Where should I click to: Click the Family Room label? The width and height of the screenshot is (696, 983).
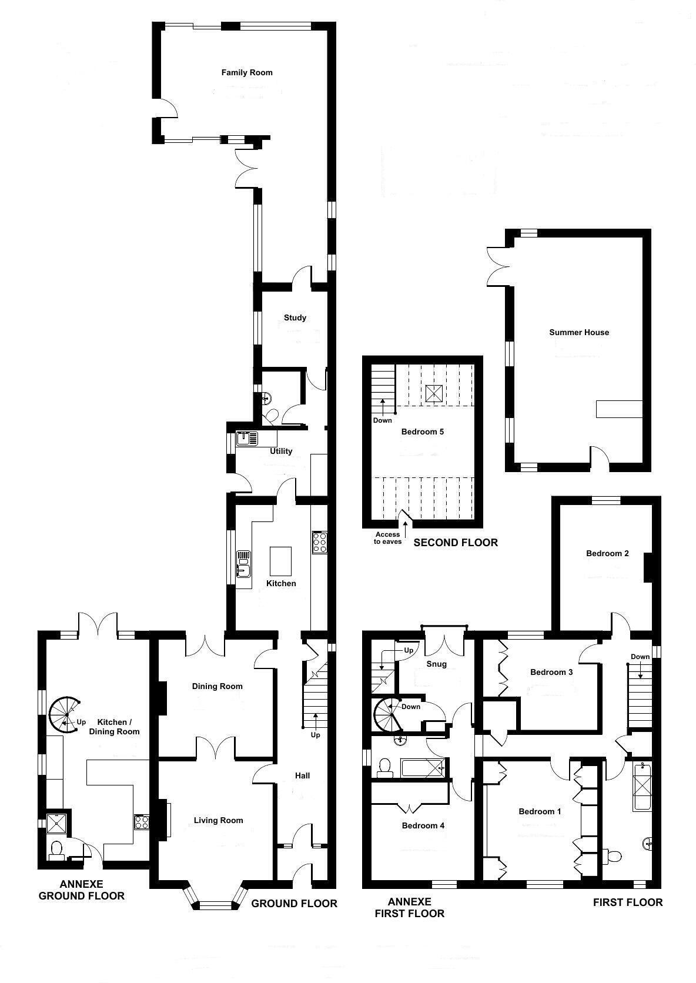click(247, 73)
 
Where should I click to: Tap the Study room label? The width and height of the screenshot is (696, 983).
click(295, 318)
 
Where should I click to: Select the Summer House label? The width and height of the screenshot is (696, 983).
click(579, 333)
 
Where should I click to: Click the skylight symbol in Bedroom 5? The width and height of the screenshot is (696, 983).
click(434, 393)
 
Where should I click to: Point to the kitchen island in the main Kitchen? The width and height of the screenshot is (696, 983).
click(280, 561)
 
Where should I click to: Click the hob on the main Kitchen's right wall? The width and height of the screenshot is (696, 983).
click(320, 541)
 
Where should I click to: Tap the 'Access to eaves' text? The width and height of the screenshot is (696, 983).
click(387, 538)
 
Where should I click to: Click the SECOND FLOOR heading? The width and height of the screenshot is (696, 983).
click(456, 543)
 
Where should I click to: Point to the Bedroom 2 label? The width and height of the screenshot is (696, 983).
click(607, 554)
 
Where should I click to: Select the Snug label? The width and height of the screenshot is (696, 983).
click(436, 664)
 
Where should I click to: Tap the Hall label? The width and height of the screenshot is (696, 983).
click(302, 776)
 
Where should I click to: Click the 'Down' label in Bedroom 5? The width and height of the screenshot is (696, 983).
click(382, 420)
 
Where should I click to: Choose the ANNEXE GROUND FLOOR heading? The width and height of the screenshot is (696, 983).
click(81, 890)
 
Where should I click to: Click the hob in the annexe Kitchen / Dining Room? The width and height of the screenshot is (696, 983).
click(142, 821)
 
